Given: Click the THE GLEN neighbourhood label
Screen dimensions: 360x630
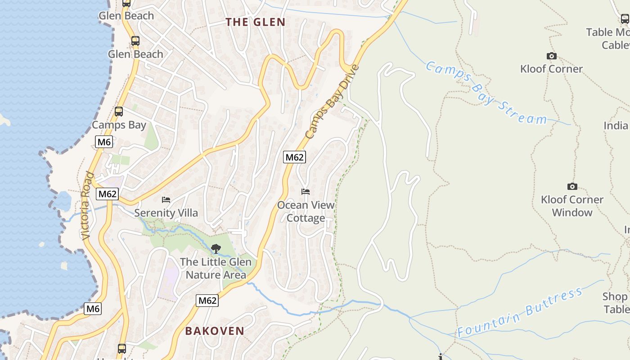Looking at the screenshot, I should pyautogui.click(x=255, y=22).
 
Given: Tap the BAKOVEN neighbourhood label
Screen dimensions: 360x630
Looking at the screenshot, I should pyautogui.click(x=215, y=331).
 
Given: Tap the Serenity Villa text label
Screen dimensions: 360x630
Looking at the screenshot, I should pyautogui.click(x=166, y=213).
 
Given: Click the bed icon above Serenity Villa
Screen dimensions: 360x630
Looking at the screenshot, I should pyautogui.click(x=166, y=199).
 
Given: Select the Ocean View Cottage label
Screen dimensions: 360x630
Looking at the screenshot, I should pyautogui.click(x=306, y=211).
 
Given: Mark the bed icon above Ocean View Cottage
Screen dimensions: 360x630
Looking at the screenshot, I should pyautogui.click(x=306, y=192).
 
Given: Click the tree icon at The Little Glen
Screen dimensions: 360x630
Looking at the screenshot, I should pyautogui.click(x=216, y=248).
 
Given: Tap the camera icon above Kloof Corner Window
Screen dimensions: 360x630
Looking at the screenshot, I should pyautogui.click(x=572, y=186).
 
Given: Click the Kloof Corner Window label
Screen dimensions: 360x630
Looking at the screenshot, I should pyautogui.click(x=572, y=206).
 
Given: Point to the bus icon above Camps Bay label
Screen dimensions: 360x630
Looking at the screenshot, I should pyautogui.click(x=119, y=111).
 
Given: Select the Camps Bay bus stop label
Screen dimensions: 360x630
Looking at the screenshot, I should pyautogui.click(x=119, y=125).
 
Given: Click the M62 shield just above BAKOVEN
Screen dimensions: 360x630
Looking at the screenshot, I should pyautogui.click(x=207, y=301).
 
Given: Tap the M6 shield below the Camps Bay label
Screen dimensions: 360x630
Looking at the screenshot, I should pyautogui.click(x=104, y=142).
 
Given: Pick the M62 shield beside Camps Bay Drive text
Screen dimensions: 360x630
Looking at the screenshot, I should pyautogui.click(x=294, y=157).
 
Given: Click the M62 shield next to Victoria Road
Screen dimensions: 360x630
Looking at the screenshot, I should pyautogui.click(x=107, y=194).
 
